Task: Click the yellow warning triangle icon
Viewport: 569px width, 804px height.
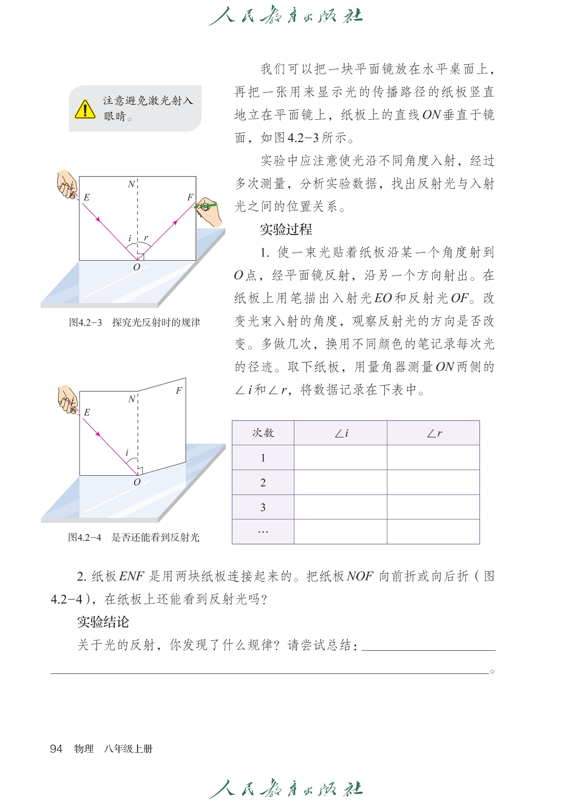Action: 85,109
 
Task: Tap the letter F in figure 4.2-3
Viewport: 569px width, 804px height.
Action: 190,197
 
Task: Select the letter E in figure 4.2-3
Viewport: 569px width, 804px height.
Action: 86,197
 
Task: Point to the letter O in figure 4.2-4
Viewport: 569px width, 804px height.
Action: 137,482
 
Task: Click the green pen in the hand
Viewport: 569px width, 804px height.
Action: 206,205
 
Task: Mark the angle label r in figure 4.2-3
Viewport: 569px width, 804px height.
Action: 146,238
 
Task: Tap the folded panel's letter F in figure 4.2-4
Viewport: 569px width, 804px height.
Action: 179,391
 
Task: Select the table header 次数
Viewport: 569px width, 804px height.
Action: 263,433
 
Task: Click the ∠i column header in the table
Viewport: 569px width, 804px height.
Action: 341,433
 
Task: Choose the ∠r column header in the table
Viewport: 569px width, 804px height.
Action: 434,433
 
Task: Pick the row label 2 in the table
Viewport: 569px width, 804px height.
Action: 263,482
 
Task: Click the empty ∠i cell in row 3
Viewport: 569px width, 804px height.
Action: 341,507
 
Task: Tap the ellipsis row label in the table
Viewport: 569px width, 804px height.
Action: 263,532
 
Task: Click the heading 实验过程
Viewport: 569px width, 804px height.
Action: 286,229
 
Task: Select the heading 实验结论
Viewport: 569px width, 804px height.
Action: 103,622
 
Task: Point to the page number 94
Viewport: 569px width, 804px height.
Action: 56,749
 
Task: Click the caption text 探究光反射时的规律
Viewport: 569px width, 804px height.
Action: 156,323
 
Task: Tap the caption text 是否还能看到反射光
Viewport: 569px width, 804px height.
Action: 155,537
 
